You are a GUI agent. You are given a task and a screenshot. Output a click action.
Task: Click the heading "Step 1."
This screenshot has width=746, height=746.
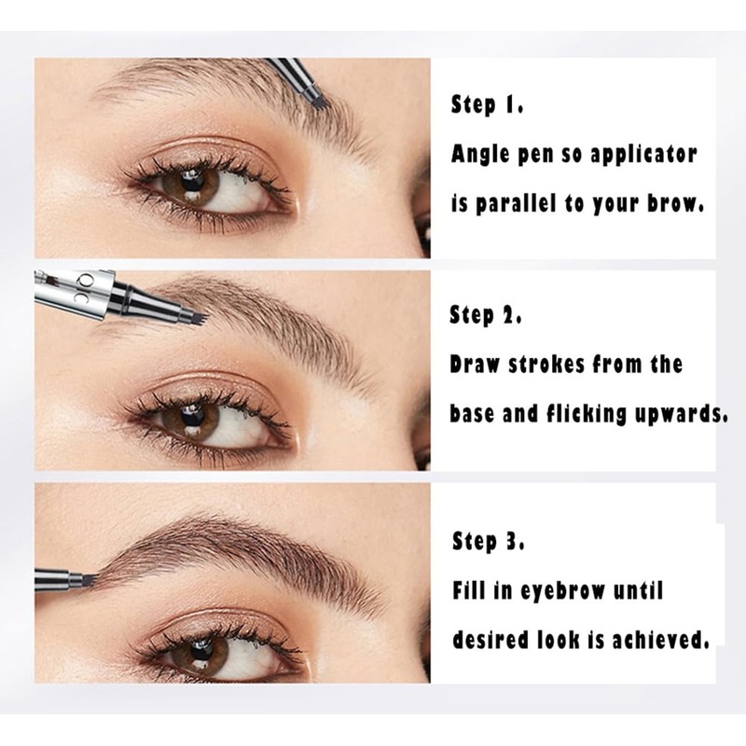[487, 104]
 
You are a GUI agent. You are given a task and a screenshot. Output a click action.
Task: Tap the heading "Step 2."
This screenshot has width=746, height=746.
[487, 315]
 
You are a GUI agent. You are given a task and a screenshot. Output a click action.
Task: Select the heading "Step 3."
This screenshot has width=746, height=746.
[487, 540]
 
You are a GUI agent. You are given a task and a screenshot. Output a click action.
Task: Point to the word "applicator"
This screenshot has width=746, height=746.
[643, 154]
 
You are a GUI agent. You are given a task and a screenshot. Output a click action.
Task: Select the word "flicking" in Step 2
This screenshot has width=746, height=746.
[584, 413]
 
